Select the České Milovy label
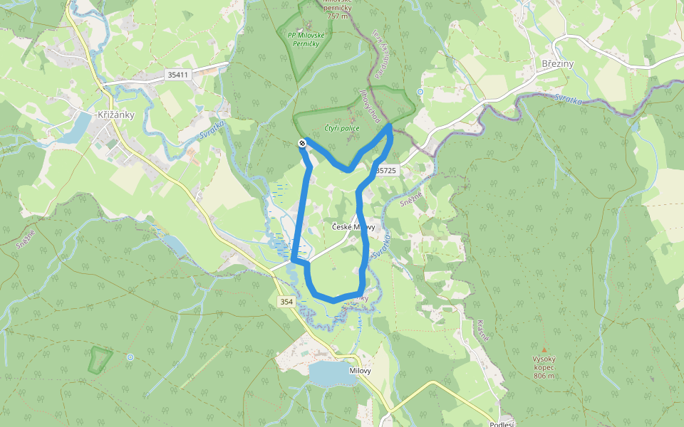pos(353,227)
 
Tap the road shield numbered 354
pos(286,302)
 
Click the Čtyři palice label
pos(341,127)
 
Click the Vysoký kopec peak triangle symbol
pos(544,350)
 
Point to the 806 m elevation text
pos(543,375)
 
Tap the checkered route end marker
pos(302,144)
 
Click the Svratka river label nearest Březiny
pos(567,98)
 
